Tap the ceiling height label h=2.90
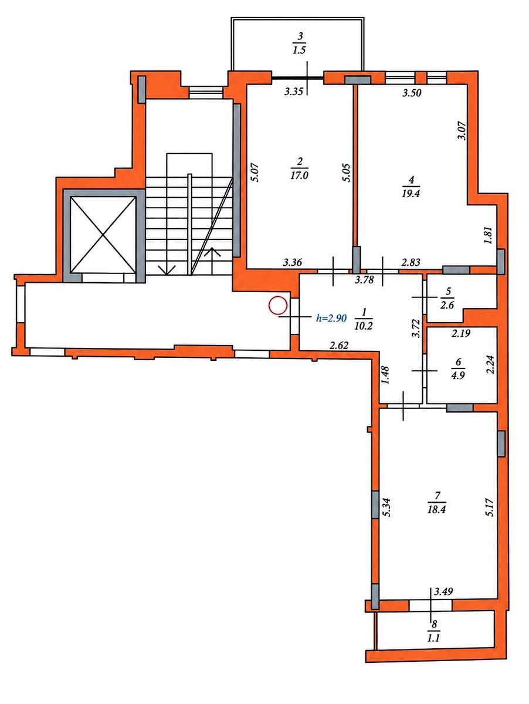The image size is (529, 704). [x=331, y=318]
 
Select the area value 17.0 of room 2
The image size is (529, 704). [x=300, y=176]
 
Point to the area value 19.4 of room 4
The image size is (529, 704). [x=411, y=194]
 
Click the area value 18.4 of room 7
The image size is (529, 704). [x=437, y=509]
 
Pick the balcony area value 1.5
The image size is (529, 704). [x=300, y=50]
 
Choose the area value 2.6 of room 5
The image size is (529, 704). [x=447, y=305]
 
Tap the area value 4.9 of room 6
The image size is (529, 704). [x=458, y=375]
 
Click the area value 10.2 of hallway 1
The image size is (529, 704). [x=364, y=326]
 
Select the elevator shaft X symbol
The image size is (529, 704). [x=103, y=235]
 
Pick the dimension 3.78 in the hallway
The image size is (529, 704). [x=365, y=280]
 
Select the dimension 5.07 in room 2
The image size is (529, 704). [x=255, y=172]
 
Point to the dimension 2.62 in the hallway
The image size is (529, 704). [x=339, y=345]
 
